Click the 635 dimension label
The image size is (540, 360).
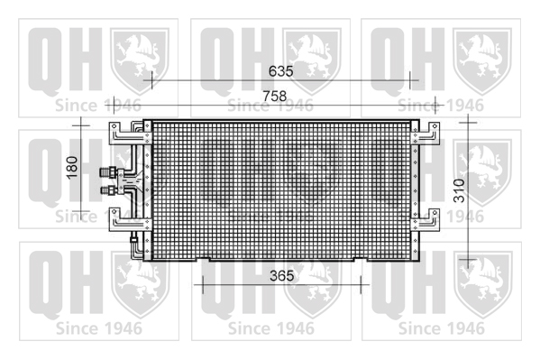click(281, 71)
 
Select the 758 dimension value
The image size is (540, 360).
click(274, 96)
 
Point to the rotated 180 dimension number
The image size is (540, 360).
click(72, 168)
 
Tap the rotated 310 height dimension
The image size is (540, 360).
click(459, 190)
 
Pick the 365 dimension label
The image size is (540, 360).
click(282, 275)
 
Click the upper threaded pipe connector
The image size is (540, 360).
click(108, 171)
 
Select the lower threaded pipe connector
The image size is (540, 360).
click(108, 190)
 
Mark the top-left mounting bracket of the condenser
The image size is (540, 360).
click(130, 133)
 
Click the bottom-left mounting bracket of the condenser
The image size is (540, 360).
click(130, 219)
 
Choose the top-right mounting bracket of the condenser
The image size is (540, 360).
click(426, 134)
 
